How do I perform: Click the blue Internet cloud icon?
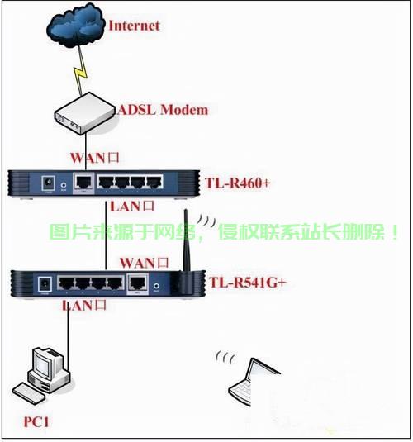pyautogui.click(x=75, y=25)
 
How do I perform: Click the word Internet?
pyautogui.click(x=134, y=26)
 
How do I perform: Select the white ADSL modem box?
pyautogui.click(x=85, y=113)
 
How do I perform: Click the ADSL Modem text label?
pyautogui.click(x=164, y=110)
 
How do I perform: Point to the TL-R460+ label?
pyautogui.click(x=237, y=183)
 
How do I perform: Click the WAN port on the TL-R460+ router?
pyautogui.click(x=83, y=182)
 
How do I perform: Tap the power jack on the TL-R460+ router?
pyautogui.click(x=48, y=183)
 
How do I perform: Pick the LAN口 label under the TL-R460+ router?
pyautogui.click(x=132, y=207)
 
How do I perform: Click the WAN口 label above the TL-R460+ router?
pyautogui.click(x=95, y=158)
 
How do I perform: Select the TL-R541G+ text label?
pyautogui.click(x=248, y=283)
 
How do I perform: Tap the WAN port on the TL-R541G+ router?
pyautogui.click(x=138, y=283)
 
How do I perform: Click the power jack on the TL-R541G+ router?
pyautogui.click(x=45, y=283)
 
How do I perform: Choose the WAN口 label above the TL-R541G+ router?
pyautogui.click(x=144, y=263)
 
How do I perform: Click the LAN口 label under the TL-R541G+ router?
pyautogui.click(x=84, y=306)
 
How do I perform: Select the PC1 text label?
pyautogui.click(x=36, y=422)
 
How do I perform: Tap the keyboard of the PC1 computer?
pyautogui.click(x=27, y=392)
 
